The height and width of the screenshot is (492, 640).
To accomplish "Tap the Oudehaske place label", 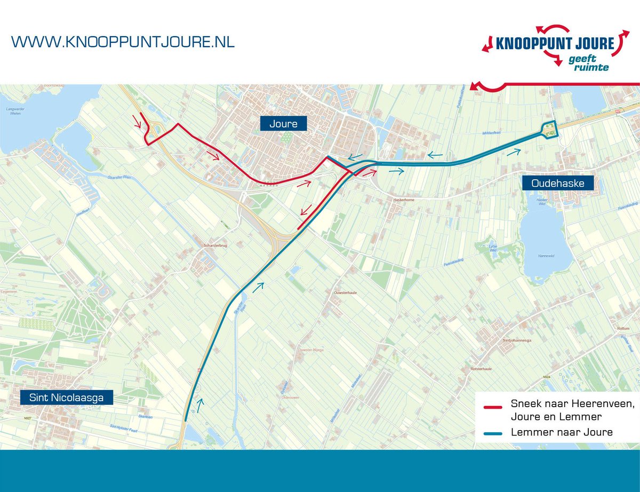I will pyautogui.click(x=557, y=184).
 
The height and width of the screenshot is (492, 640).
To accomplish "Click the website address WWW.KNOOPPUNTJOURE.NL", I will pyautogui.click(x=123, y=42).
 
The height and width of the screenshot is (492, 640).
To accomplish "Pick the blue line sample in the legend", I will pyautogui.click(x=493, y=433).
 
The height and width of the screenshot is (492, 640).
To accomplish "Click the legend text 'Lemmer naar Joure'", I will pyautogui.click(x=562, y=432).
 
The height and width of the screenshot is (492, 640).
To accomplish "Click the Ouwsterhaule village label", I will pyautogui.click(x=345, y=293).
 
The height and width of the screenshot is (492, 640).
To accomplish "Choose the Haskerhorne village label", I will pyautogui.click(x=404, y=200).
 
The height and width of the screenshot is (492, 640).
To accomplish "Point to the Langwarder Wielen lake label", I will pyautogui.click(x=15, y=111).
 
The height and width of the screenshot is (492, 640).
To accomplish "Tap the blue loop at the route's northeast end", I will pyautogui.click(x=549, y=129).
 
